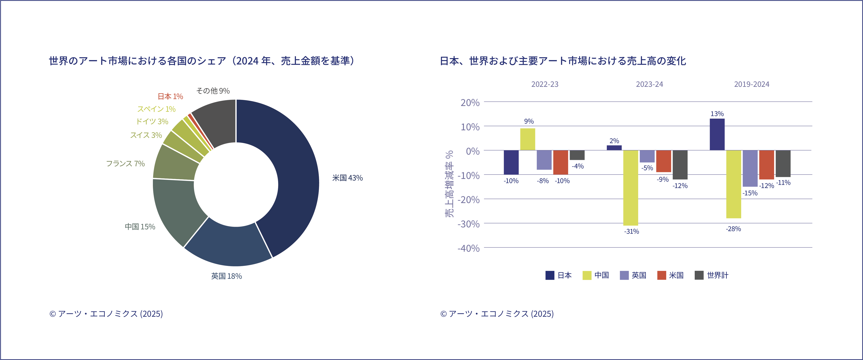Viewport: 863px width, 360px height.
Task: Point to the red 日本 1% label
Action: (170, 96)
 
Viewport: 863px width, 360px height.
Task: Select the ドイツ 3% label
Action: (152, 121)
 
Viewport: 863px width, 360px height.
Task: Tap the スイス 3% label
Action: (146, 135)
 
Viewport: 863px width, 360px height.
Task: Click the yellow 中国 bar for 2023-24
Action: (631, 188)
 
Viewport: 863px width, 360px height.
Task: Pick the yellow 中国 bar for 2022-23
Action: (528, 139)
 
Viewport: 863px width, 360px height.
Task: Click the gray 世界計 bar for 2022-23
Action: (577, 155)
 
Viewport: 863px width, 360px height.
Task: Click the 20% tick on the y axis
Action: (470, 103)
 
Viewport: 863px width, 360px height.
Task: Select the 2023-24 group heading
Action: (649, 84)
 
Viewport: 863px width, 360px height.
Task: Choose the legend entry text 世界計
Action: (718, 275)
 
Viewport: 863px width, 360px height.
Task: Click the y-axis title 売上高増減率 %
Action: (449, 184)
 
